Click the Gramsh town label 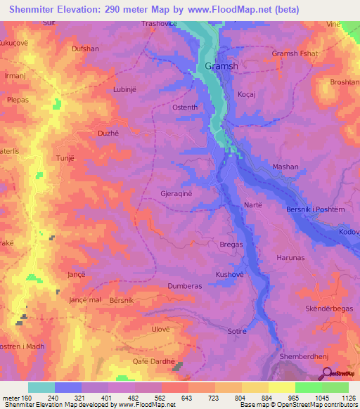click(221, 66)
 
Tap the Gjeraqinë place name click(186, 191)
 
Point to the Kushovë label click(229, 274)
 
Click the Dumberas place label click(185, 286)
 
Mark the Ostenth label click(186, 108)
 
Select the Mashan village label click(285, 167)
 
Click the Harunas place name click(289, 258)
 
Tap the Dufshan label click(86, 49)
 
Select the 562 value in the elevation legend click(149, 397)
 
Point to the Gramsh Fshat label click(295, 54)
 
